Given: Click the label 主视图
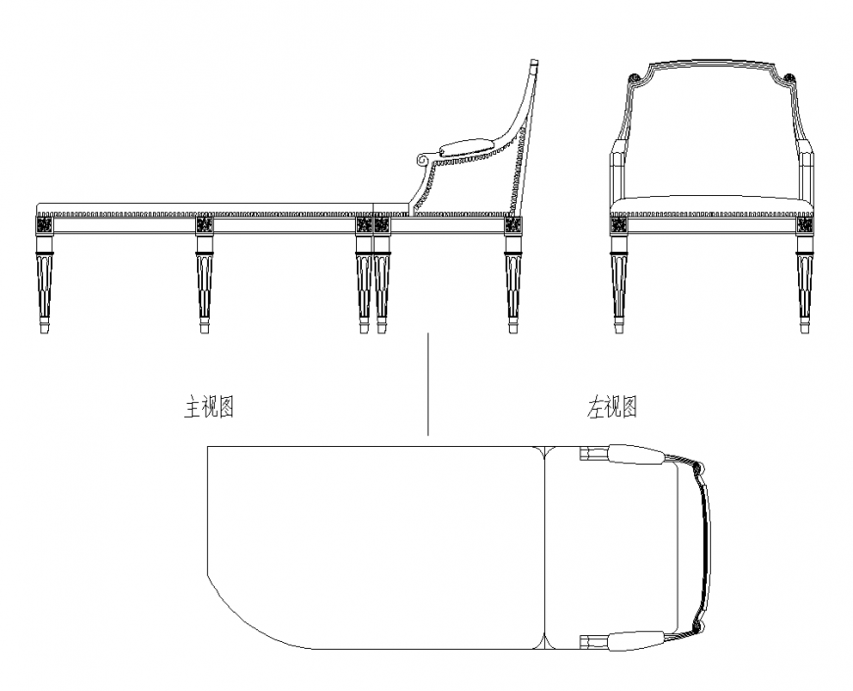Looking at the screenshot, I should [x=209, y=407].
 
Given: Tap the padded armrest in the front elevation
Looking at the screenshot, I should [x=466, y=151].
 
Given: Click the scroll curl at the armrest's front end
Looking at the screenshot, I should [x=424, y=158].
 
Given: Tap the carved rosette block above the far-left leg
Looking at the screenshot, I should [x=44, y=224].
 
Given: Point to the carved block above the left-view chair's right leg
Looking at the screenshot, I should [x=804, y=224].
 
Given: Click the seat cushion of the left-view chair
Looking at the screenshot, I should [x=712, y=205].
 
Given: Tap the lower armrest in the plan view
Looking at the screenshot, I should [x=632, y=642].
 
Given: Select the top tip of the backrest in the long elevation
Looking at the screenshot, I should [x=534, y=65].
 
